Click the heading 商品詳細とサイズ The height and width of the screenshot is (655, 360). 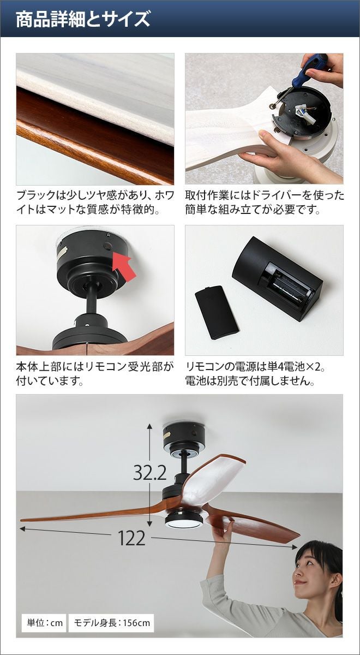tap(83, 20)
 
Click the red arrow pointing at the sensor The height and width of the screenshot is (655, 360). tap(124, 266)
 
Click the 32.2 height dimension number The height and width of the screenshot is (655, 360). tap(149, 472)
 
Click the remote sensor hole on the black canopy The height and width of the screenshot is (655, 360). tap(108, 247)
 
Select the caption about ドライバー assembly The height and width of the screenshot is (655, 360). tap(265, 203)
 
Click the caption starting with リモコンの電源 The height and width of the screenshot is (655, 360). tap(255, 374)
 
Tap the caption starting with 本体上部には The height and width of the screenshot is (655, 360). tap(95, 374)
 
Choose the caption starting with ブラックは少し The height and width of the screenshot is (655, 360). tap(95, 203)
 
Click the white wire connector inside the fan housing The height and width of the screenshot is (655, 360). tap(304, 113)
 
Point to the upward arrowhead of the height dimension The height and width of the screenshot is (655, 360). tap(149, 426)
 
